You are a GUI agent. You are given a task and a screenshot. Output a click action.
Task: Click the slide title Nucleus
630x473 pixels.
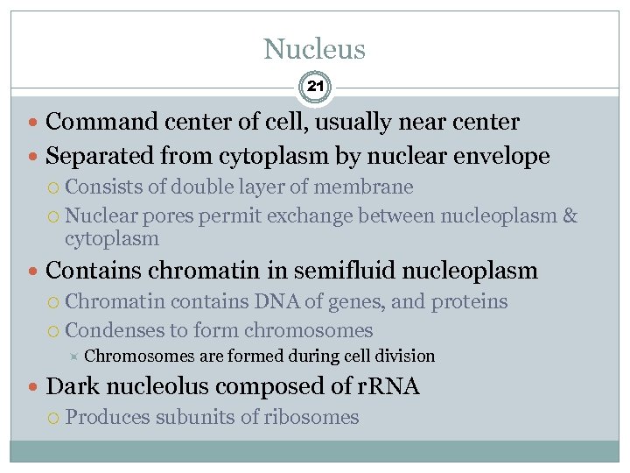pos(314,49)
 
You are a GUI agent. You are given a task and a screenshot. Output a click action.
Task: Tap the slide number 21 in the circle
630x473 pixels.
pos(315,87)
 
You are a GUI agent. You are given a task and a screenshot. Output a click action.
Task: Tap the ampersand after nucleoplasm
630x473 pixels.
pos(570,215)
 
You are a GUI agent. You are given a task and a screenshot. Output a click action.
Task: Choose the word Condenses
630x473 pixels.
pos(113,330)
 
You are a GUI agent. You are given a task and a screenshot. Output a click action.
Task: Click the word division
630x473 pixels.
pos(403,356)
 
